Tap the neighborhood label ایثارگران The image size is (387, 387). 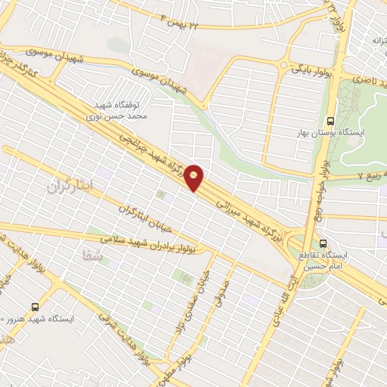[73, 184]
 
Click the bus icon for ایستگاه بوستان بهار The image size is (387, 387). [330, 121]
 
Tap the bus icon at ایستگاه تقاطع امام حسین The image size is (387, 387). [324, 244]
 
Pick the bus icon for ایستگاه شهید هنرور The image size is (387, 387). [36, 307]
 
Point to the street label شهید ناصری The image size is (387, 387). [364, 76]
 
